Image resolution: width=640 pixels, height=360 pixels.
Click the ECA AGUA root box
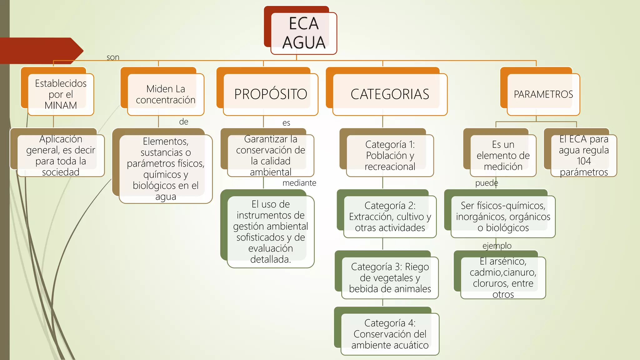pos(303,33)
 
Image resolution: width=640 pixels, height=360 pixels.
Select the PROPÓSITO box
pos(271,94)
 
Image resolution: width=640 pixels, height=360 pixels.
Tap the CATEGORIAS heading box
pos(390,94)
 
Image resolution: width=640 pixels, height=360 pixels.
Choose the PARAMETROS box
pos(543,94)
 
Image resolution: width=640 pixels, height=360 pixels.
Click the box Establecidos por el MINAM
pos(61,94)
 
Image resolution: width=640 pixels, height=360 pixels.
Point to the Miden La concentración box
pos(165,94)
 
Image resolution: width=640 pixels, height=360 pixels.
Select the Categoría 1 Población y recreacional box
pos(390,155)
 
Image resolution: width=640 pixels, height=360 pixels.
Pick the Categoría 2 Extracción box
pos(390,217)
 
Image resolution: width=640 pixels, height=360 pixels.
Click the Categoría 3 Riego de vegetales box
pos(390,277)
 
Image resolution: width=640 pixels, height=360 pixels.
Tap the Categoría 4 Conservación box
pos(390,334)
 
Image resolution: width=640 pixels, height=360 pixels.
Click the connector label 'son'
pos(113,57)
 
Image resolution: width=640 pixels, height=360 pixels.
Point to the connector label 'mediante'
pos(299,183)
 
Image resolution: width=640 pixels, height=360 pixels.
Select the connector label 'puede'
pos(486,183)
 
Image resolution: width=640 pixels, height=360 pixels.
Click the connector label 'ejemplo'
pos(497,246)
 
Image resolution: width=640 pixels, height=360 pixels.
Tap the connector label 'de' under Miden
pos(183,122)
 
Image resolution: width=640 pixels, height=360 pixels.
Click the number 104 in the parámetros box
pos(583,161)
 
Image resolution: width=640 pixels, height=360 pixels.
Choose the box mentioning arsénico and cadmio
pos(503,277)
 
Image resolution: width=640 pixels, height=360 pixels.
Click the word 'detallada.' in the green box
pos(271,259)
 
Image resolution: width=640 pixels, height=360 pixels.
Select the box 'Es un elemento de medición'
pos(503,155)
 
